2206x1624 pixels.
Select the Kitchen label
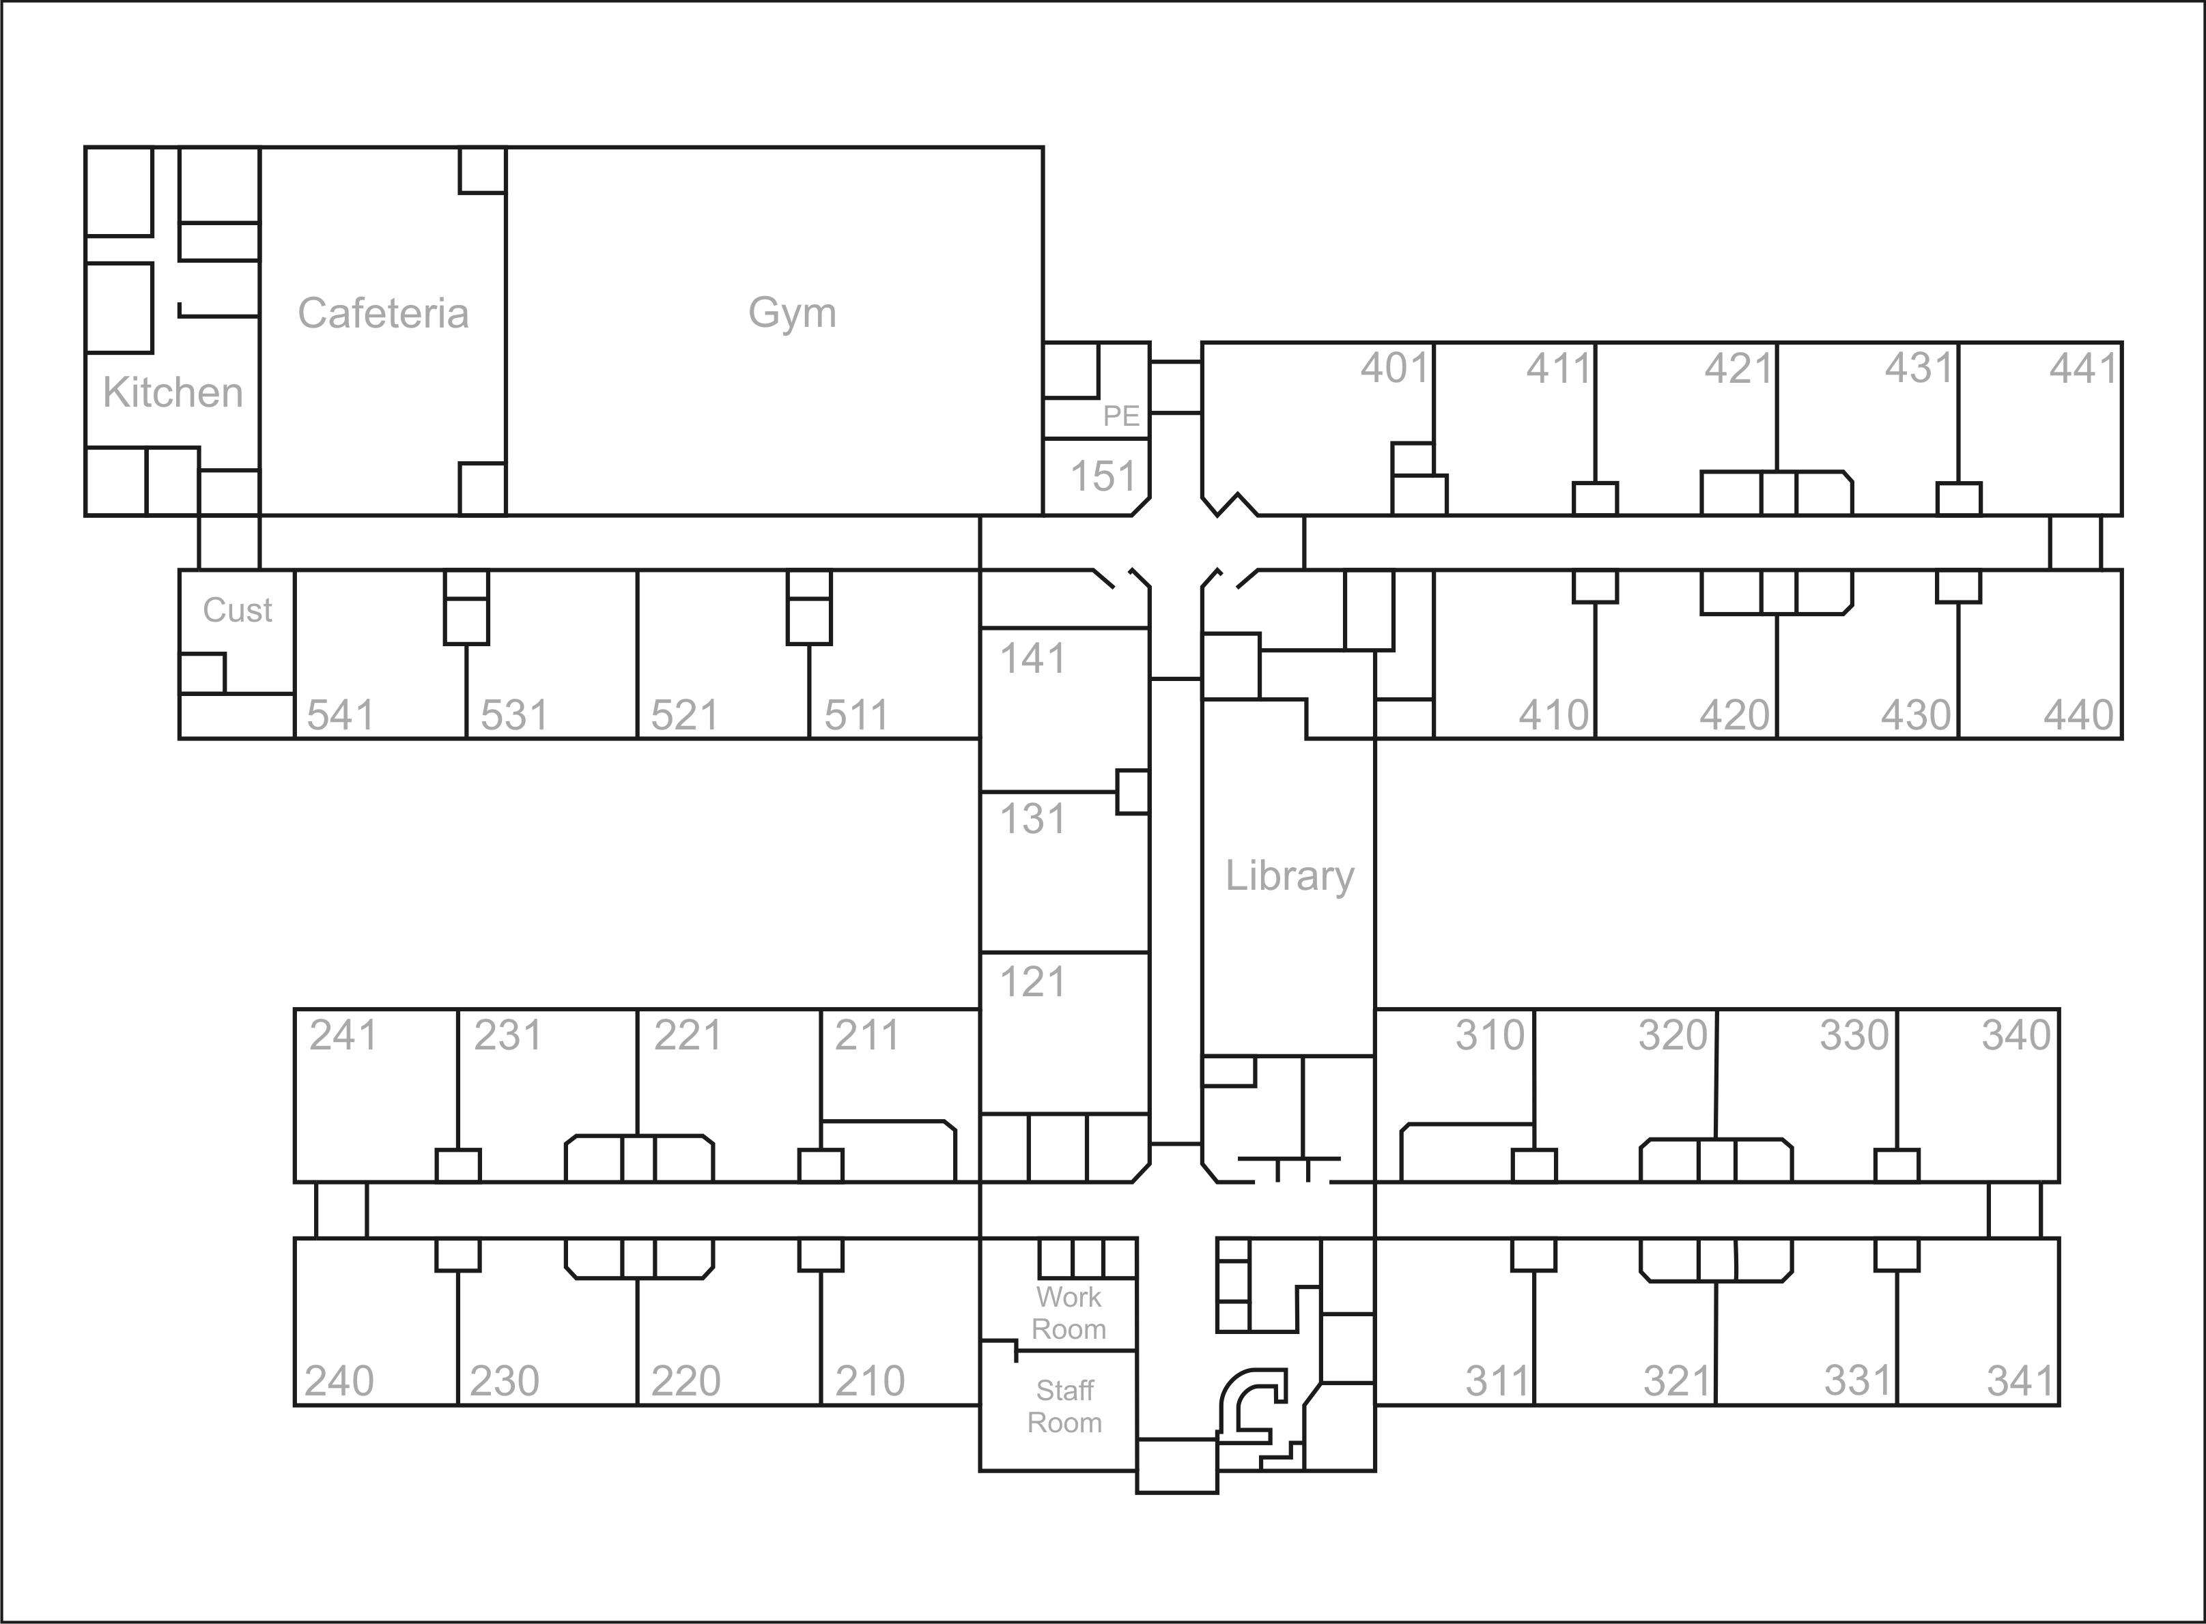173,393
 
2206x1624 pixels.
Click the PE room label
1121,416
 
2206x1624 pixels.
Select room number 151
1103,477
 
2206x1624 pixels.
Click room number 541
340,714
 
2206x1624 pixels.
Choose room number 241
343,1035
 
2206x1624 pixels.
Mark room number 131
1033,819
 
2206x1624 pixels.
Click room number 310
1490,1035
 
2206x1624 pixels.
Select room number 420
1735,714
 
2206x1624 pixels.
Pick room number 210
869,1381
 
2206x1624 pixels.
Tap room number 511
855,714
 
